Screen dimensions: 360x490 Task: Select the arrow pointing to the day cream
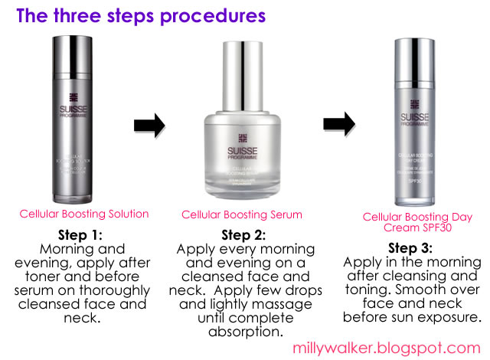[x=339, y=123]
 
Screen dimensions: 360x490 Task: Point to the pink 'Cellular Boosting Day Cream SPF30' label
[x=407, y=222]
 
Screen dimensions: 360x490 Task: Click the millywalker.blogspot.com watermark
[x=405, y=347]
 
